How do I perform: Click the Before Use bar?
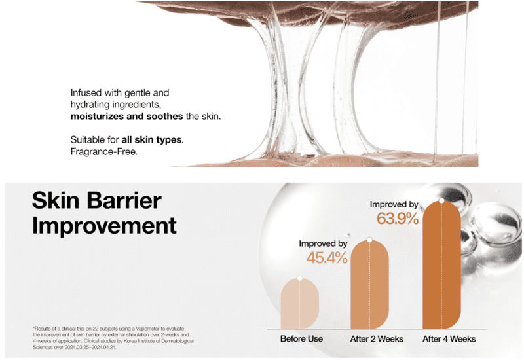tap(300, 304)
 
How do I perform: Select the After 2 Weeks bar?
tap(369, 285)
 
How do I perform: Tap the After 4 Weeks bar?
tap(441, 265)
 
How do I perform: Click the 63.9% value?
tap(398, 219)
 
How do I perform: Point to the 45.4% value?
tap(327, 258)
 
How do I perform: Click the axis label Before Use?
tap(301, 339)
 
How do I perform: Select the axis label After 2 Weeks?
tap(377, 339)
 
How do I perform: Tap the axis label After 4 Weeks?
tap(449, 339)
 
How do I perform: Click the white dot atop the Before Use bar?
tap(300, 278)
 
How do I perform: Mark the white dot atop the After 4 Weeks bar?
tap(441, 201)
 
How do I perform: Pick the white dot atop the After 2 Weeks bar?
tap(369, 240)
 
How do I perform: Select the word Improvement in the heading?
tap(104, 225)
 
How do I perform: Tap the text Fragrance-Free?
tap(104, 152)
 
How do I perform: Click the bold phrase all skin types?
tap(152, 140)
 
